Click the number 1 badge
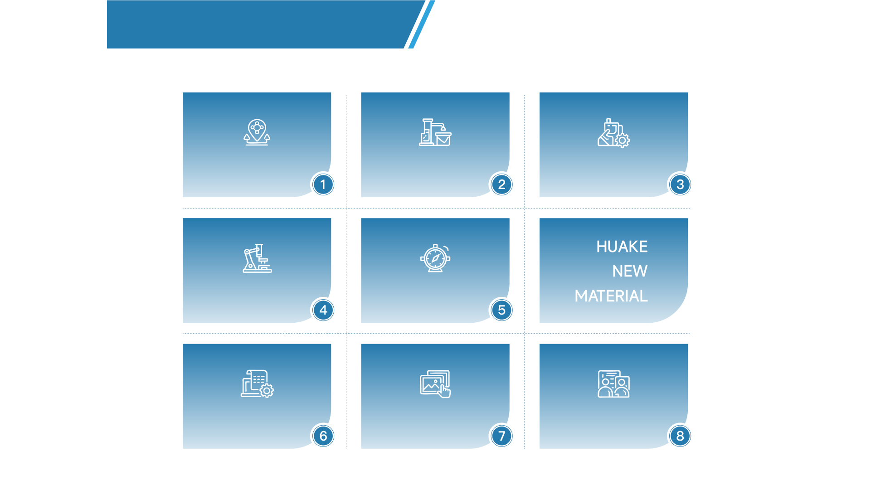coord(323,184)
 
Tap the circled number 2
coord(501,184)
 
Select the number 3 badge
coord(680,184)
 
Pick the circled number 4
coord(323,310)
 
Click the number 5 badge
coord(501,310)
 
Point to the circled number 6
coord(323,436)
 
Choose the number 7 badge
coord(501,436)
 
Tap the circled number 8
coord(680,436)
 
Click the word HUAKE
coord(622,247)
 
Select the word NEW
coord(630,271)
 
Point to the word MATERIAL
coord(611,296)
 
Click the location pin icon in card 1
coord(257,132)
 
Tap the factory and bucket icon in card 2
coord(435,132)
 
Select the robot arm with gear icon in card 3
coord(613,133)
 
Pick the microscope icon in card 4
coord(257,258)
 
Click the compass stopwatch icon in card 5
coord(435,258)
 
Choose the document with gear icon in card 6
coord(257,384)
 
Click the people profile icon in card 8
coord(614,384)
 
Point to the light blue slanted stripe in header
coord(422,24)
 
